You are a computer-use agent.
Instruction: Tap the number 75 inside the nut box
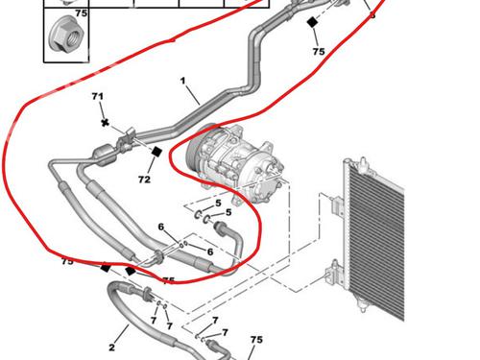(82, 13)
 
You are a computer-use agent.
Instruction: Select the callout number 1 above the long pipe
(182, 81)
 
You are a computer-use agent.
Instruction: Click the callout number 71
(98, 96)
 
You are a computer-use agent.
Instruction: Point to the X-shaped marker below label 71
(105, 123)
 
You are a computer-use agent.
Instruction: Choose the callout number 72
(144, 180)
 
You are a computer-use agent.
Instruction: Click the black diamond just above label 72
(156, 152)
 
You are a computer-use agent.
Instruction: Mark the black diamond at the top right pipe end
(312, 22)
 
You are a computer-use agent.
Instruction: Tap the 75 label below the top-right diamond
(319, 52)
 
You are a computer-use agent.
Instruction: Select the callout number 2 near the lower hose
(111, 348)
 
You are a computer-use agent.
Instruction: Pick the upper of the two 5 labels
(218, 203)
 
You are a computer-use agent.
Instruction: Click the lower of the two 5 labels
(228, 212)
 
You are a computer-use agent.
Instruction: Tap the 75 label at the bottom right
(256, 340)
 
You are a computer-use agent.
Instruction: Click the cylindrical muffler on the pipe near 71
(105, 154)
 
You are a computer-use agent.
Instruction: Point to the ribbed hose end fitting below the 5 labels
(220, 227)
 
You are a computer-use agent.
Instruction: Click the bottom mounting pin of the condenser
(362, 304)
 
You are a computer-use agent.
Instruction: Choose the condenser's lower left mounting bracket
(333, 274)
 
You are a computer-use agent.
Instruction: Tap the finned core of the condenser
(377, 243)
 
